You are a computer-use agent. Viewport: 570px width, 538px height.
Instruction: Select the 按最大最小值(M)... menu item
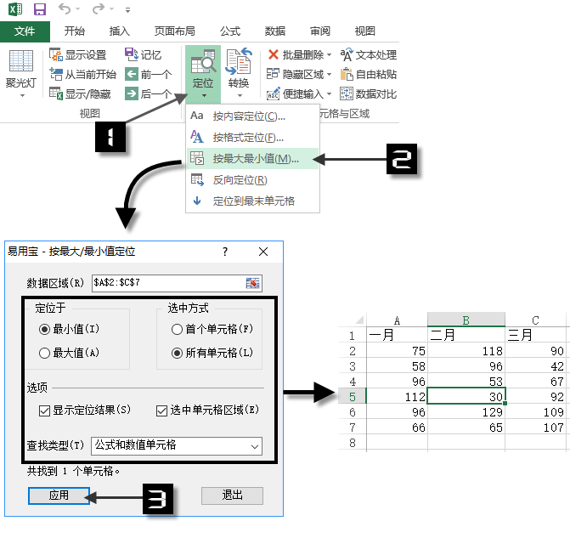coord(255,158)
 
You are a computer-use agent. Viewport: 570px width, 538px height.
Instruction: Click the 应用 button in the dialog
coord(59,496)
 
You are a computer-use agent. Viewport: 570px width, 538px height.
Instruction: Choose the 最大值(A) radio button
coord(45,352)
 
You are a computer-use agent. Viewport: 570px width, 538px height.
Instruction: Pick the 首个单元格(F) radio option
coord(178,329)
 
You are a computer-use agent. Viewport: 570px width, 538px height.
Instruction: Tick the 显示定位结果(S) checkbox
coord(45,411)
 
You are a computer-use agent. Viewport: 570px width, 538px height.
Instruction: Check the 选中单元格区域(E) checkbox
coord(163,411)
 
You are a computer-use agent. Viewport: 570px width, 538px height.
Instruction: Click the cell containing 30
coord(466,396)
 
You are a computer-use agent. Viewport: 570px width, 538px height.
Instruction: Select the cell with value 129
coord(466,411)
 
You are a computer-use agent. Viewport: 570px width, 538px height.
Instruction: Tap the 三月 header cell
coord(536,335)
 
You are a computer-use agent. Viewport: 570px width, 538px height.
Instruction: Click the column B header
coord(466,320)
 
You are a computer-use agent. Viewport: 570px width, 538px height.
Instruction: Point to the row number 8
coord(352,443)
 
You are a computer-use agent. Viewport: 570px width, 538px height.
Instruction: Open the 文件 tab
coord(25,31)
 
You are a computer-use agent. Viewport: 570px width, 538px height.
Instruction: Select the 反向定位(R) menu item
coord(240,180)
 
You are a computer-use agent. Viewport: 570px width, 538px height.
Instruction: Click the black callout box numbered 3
coord(156,499)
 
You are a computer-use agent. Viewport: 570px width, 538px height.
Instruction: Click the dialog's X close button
coord(263,252)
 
